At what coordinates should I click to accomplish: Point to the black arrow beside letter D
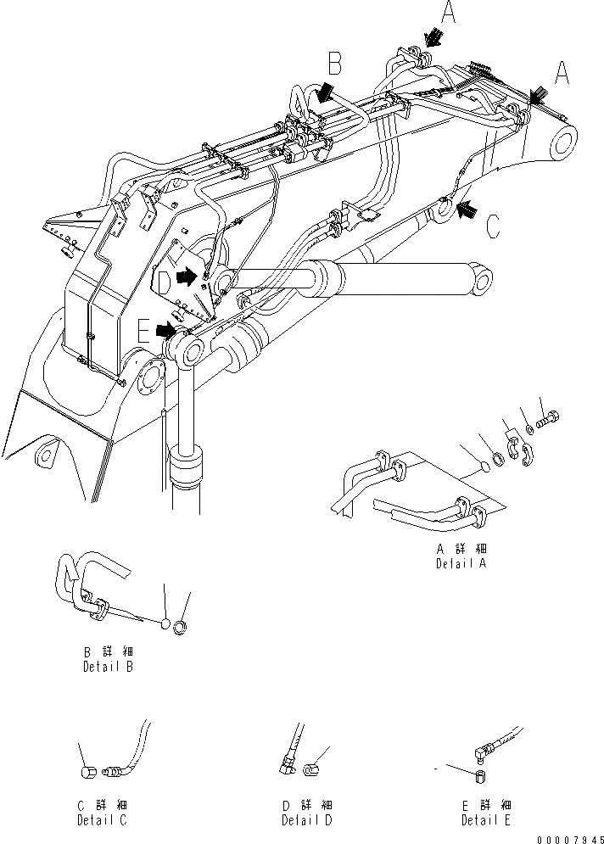(x=185, y=275)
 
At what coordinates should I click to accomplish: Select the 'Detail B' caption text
(x=107, y=667)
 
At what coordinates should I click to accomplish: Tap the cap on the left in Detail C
(x=87, y=771)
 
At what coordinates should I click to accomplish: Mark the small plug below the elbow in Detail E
(x=478, y=776)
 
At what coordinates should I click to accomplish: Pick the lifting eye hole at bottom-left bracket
(x=44, y=455)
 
